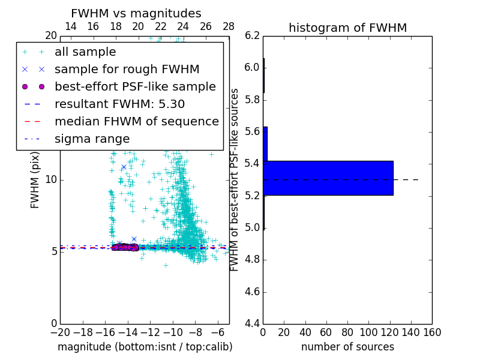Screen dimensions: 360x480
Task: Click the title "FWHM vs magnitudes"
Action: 136,13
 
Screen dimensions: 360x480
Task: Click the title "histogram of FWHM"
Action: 347,28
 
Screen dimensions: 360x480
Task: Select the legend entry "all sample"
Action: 85,52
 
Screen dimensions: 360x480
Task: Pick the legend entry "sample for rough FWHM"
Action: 127,70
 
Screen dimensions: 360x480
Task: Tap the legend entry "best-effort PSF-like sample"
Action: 135,87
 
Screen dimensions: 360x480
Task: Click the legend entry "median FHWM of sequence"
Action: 136,121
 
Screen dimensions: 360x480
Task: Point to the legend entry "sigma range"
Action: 92,139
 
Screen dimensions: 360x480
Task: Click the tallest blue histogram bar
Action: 328,178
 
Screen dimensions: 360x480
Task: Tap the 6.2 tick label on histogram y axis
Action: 252,35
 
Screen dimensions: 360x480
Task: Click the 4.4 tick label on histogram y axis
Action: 252,324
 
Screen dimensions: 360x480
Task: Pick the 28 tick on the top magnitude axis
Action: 229,26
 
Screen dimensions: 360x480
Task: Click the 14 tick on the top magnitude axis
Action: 70,26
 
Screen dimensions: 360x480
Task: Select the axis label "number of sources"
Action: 347,347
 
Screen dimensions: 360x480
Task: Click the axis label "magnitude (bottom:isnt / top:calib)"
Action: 145,347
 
